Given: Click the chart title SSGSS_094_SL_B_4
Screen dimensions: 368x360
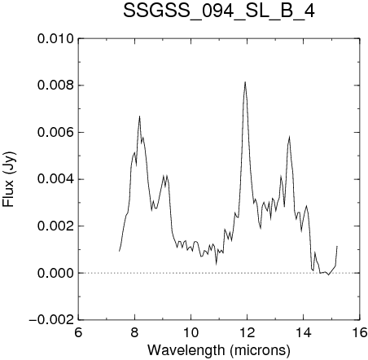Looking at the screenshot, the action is pyautogui.click(x=219, y=11).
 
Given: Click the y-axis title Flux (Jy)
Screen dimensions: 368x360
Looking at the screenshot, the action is pyautogui.click(x=8, y=179).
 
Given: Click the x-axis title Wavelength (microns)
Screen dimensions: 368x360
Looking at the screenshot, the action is pyautogui.click(x=219, y=350).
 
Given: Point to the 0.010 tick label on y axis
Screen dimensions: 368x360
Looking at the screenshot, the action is pyautogui.click(x=55, y=39).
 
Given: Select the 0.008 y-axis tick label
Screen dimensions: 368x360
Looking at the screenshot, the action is pyautogui.click(x=55, y=86).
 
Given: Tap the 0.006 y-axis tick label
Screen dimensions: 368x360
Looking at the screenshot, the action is pyautogui.click(x=55, y=133).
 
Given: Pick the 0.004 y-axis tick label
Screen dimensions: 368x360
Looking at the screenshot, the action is pyautogui.click(x=55, y=179).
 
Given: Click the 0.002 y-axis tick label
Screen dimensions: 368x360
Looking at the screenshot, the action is pyautogui.click(x=55, y=226).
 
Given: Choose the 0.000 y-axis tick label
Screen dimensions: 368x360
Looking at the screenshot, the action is pyautogui.click(x=55, y=273).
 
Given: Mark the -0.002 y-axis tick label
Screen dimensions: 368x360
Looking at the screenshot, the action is pyautogui.click(x=51, y=320).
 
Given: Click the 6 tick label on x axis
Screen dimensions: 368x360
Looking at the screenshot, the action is pyautogui.click(x=78, y=332).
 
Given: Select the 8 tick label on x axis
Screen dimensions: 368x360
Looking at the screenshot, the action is pyautogui.click(x=134, y=332).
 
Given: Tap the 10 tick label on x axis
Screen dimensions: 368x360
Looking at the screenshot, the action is pyautogui.click(x=191, y=332).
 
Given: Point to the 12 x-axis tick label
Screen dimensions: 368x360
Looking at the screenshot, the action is pyautogui.click(x=248, y=332).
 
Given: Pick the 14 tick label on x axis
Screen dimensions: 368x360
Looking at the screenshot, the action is pyautogui.click(x=304, y=332).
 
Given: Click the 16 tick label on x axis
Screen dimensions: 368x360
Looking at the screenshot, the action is pyautogui.click(x=360, y=332).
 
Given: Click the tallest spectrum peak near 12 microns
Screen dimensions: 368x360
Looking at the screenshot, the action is pyautogui.click(x=245, y=81).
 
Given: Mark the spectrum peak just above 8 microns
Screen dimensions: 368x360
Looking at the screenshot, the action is pyautogui.click(x=139, y=116).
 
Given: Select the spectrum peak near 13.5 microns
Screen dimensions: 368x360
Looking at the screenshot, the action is pyautogui.click(x=289, y=136).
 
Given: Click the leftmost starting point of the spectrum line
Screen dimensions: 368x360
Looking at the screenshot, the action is pyautogui.click(x=119, y=251).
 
